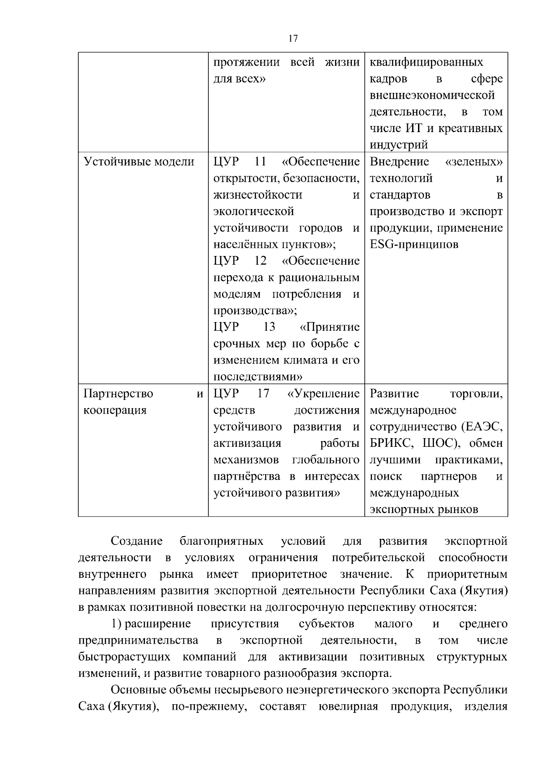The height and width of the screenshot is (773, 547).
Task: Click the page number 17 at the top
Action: [x=293, y=39]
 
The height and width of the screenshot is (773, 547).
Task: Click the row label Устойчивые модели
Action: [x=139, y=162]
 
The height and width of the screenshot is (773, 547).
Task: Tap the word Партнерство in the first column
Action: [x=119, y=394]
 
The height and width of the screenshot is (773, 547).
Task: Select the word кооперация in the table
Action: [x=115, y=410]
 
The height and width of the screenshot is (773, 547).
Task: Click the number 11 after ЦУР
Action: [x=260, y=162]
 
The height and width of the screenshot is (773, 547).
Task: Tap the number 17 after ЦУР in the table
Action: [x=263, y=394]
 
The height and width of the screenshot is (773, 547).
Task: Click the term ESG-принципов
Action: [x=414, y=245]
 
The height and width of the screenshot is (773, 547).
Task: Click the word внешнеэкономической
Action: [x=432, y=96]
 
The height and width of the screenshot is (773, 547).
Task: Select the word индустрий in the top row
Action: [x=399, y=145]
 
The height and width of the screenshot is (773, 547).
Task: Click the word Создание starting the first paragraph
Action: [x=137, y=541]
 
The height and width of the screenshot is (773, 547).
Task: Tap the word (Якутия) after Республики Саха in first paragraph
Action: [x=484, y=591]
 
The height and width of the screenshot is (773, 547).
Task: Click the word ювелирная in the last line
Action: [x=349, y=706]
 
